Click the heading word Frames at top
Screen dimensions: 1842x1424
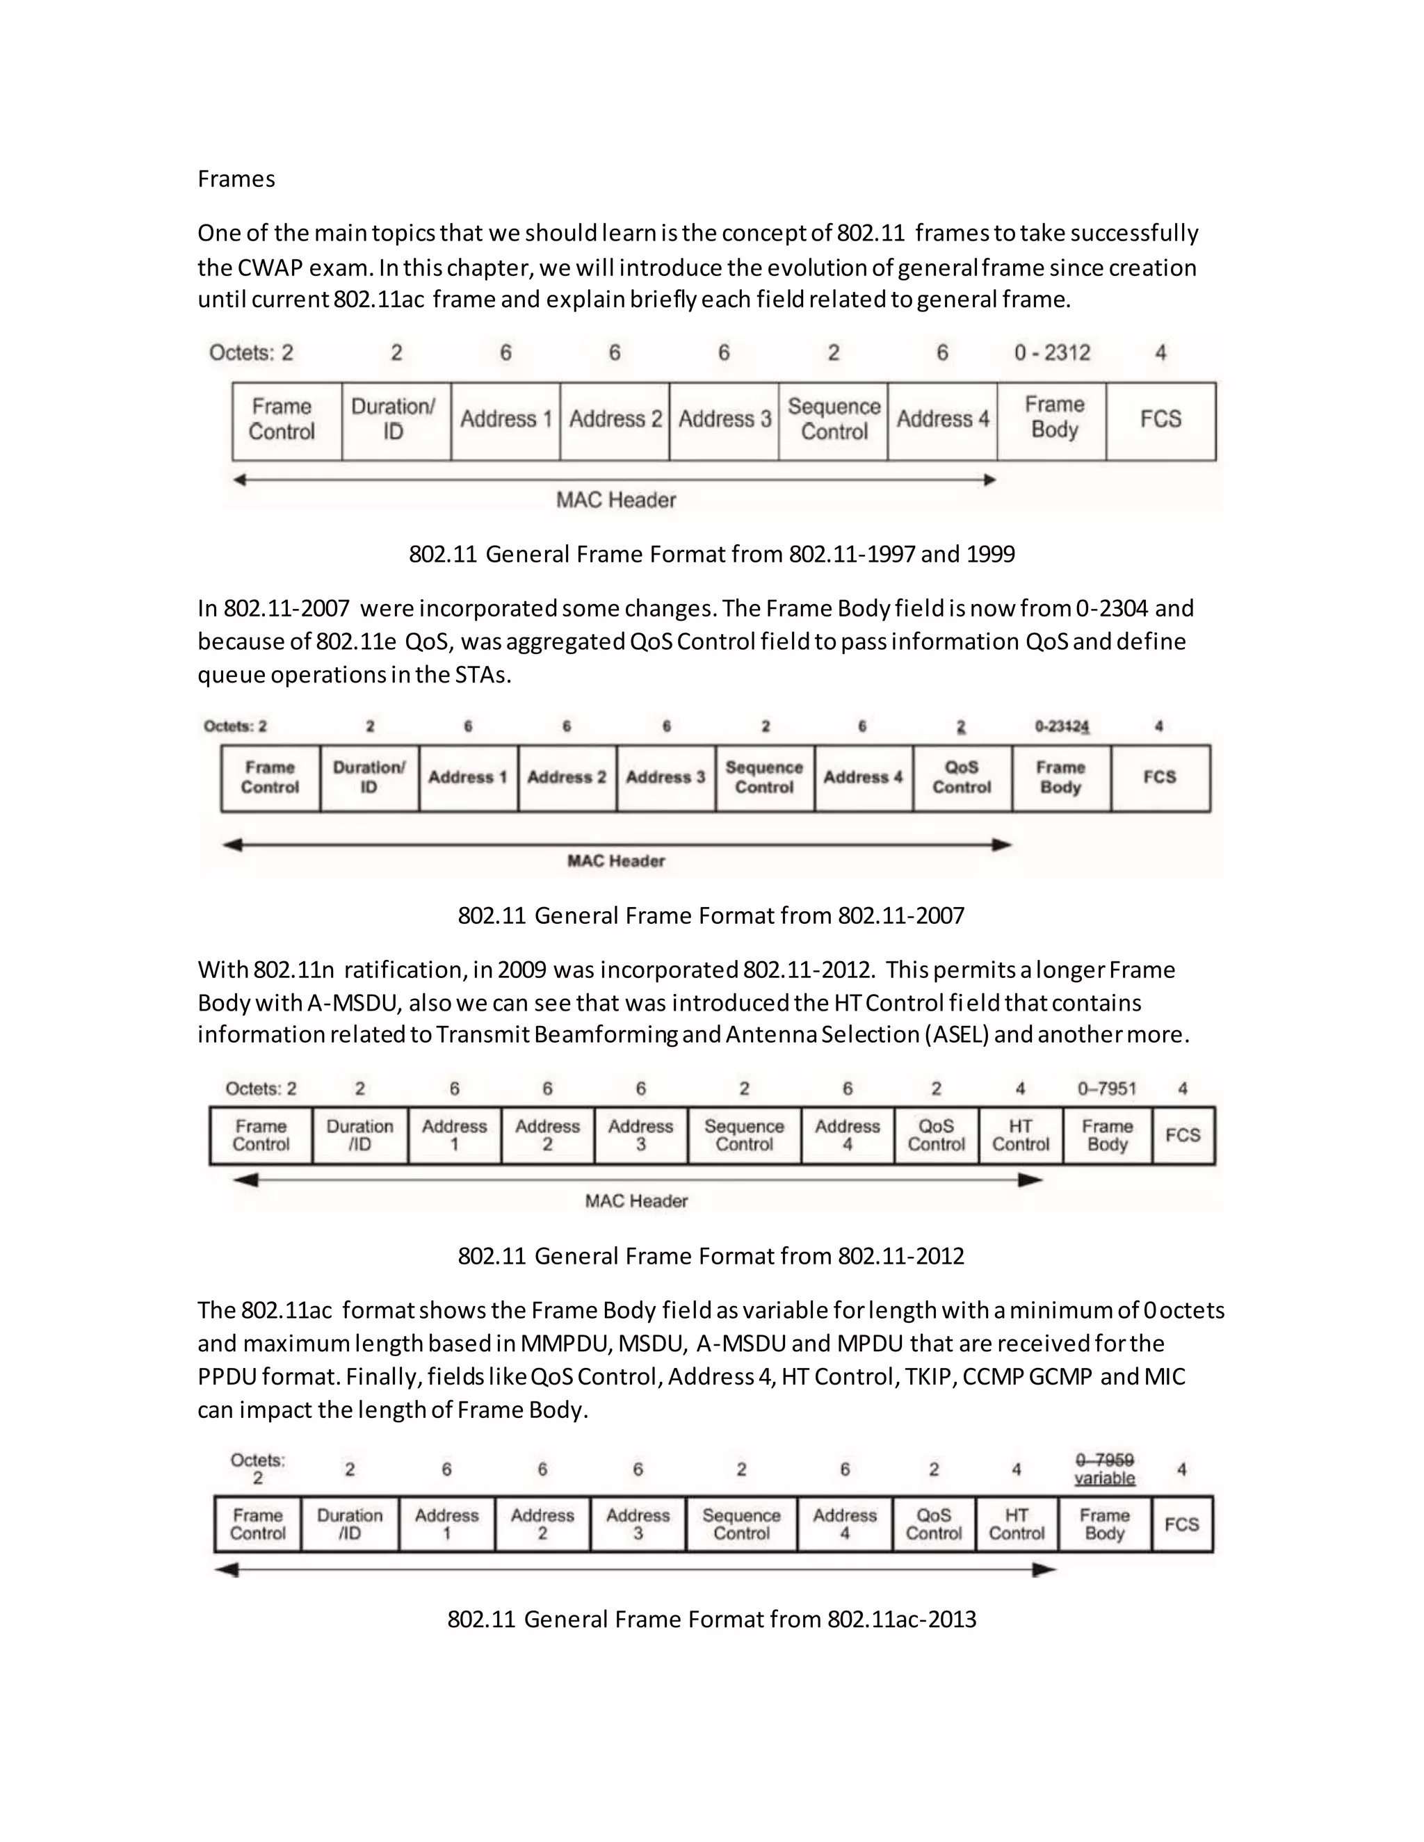(236, 179)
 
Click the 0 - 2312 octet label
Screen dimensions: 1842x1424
(1052, 352)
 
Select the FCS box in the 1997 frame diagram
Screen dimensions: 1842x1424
(1160, 420)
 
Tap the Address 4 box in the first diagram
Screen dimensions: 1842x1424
(942, 420)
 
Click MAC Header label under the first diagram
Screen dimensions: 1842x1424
(616, 500)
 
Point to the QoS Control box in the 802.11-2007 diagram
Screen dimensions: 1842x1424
(962, 778)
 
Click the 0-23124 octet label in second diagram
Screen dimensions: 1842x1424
(1061, 726)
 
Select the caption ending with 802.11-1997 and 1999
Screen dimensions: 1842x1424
(711, 554)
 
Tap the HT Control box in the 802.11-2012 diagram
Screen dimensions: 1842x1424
(1020, 1135)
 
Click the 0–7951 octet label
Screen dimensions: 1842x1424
(1107, 1089)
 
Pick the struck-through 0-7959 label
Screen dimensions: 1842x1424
(1104, 1460)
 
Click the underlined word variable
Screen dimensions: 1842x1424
(1104, 1478)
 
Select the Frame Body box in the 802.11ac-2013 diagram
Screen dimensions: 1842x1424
(1104, 1524)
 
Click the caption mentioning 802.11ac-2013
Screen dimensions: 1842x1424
(711, 1620)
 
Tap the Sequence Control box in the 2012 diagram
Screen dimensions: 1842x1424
(743, 1135)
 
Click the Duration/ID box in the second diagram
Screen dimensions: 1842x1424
(369, 778)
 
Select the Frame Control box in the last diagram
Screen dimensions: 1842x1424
(257, 1524)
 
